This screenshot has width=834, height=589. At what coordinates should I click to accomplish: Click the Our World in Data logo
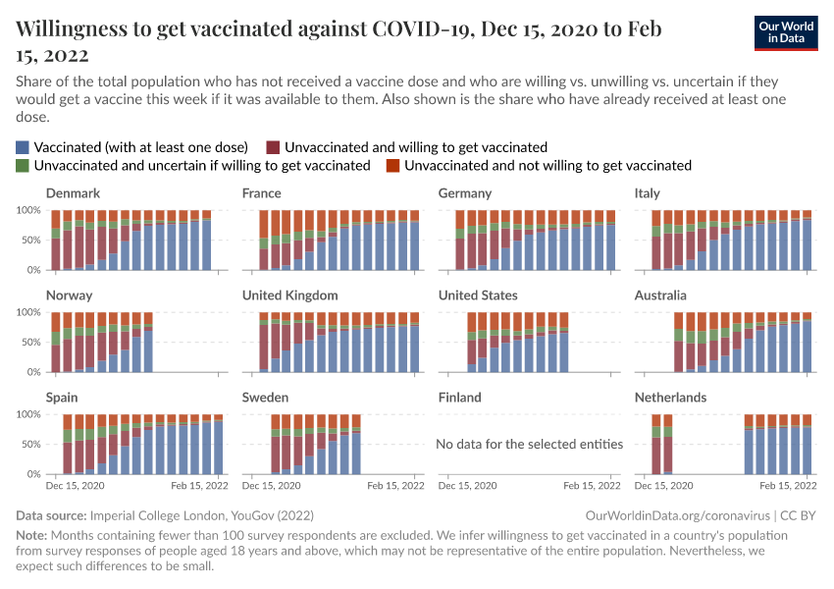click(786, 32)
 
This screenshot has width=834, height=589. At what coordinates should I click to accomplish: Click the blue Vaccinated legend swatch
click(23, 146)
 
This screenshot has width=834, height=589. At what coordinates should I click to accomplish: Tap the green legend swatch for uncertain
click(23, 166)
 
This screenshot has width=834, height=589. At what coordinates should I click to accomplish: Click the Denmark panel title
click(73, 193)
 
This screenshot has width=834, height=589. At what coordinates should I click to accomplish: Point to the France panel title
click(262, 193)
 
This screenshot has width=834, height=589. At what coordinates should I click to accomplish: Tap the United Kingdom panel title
click(290, 295)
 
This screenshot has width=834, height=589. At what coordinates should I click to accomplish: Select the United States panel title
click(478, 295)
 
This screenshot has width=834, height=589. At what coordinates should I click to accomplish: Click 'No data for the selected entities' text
click(530, 444)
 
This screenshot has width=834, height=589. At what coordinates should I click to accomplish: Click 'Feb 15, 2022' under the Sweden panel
click(396, 486)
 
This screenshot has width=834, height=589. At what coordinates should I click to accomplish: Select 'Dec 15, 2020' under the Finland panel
click(468, 486)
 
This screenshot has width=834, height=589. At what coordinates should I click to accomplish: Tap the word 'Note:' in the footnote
click(33, 535)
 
